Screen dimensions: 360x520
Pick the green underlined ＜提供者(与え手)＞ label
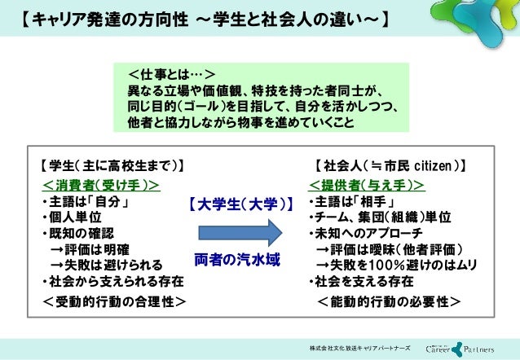point(366,185)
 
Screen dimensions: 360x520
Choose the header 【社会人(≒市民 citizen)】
point(390,167)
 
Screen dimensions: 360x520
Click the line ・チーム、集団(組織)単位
point(379,217)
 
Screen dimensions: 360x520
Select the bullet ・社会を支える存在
point(360,282)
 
